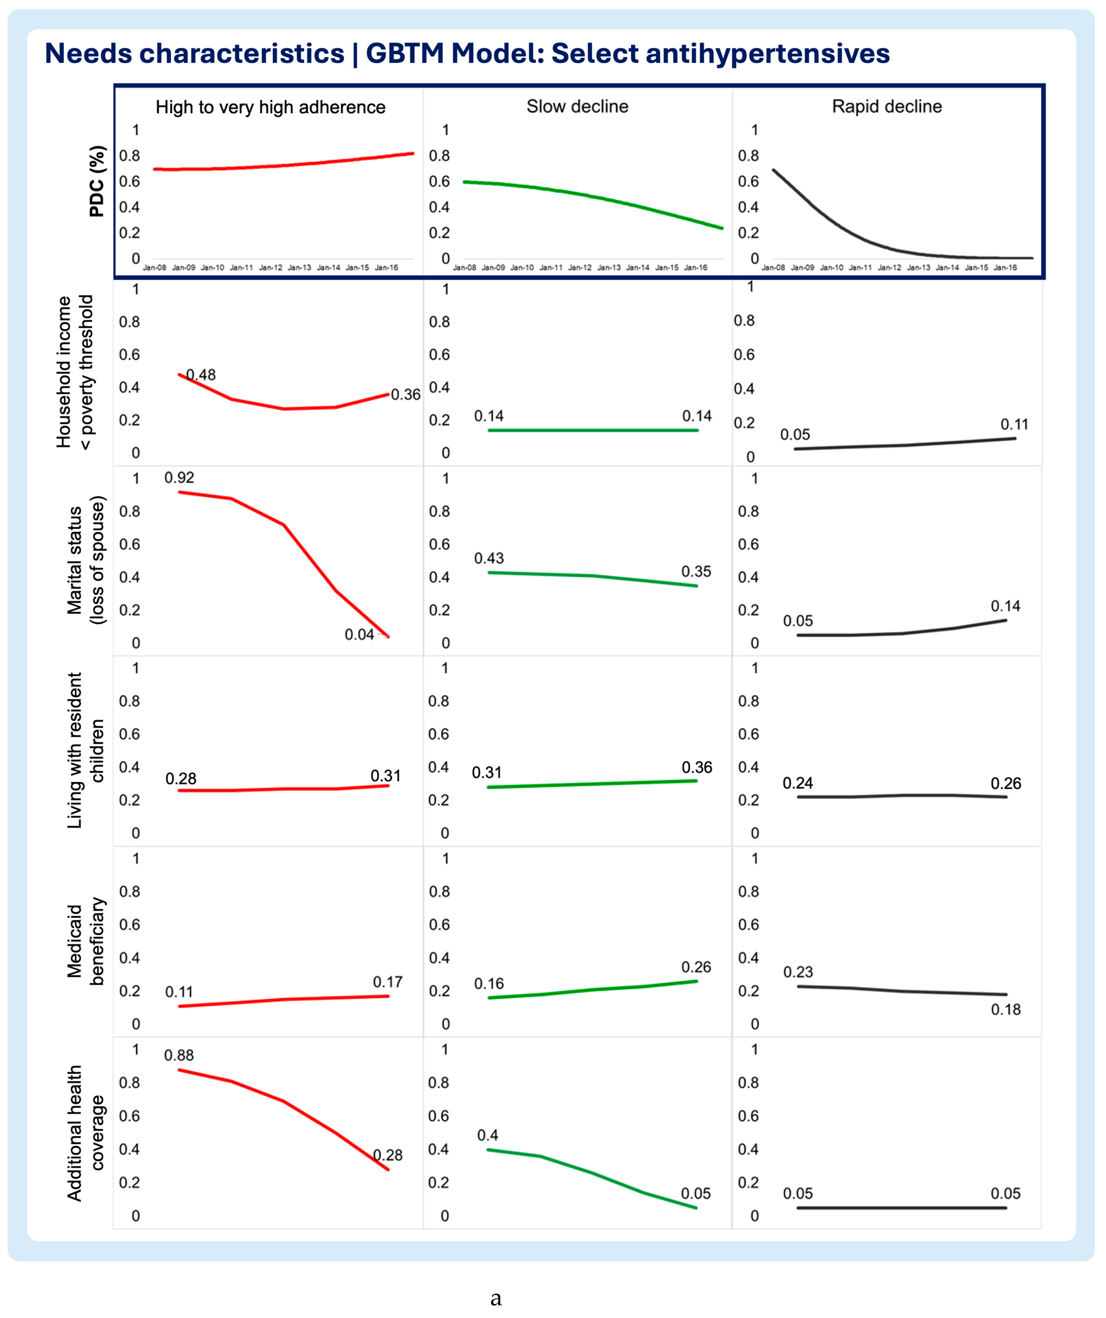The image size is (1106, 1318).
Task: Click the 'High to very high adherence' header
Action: pos(271,107)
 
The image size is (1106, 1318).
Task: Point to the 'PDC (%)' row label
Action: pos(97,181)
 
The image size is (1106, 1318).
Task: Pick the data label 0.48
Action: pos(201,375)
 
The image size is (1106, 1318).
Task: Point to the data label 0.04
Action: pos(359,634)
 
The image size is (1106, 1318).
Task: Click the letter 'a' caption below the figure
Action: pos(496,1297)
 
